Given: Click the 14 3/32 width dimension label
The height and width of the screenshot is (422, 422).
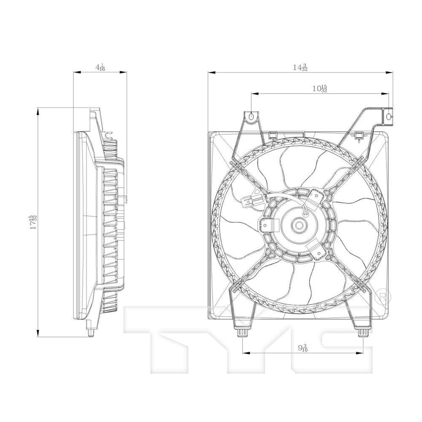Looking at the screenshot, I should coord(301,68).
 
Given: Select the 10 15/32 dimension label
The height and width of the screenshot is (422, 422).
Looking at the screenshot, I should coord(319,89).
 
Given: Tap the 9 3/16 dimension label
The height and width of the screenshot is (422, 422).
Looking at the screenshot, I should coord(302,348).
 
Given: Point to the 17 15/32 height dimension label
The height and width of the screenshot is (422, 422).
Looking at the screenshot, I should coord(33,222).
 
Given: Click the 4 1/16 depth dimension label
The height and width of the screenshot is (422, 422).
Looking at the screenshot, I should coord(100,67).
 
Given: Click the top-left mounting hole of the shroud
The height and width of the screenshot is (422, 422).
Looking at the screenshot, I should coord(251,116).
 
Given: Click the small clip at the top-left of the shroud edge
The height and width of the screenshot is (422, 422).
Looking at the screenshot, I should coord(272,135).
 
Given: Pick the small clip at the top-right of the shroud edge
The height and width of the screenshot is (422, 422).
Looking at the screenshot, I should coord(359,135).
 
